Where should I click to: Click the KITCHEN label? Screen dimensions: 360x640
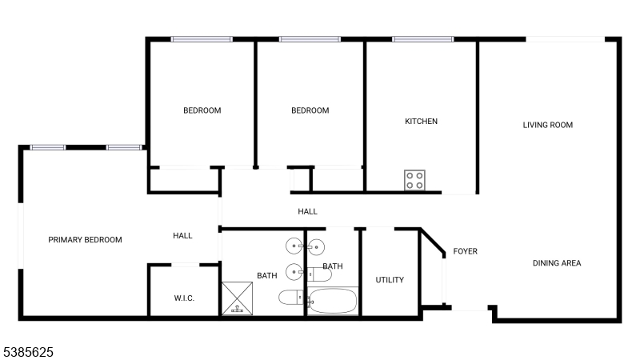[x=421, y=122]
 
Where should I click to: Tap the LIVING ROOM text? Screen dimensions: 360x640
[x=548, y=125]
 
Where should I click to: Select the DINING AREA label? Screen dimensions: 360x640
[x=557, y=263]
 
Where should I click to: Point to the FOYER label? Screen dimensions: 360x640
[x=466, y=251]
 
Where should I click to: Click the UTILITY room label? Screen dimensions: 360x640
[x=390, y=280]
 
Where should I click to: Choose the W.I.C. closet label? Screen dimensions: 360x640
[x=184, y=298]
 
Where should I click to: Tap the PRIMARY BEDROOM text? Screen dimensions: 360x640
[x=85, y=240]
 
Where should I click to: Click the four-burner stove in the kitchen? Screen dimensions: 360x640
[x=414, y=181]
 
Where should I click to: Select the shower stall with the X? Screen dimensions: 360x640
[x=237, y=298]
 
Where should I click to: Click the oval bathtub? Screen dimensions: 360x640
[x=333, y=302]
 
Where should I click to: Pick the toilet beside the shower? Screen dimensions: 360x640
[x=290, y=298]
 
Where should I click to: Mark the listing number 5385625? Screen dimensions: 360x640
[x=28, y=351]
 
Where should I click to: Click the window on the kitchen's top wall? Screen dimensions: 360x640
[x=422, y=38]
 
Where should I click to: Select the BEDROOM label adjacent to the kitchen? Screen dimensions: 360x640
[x=310, y=110]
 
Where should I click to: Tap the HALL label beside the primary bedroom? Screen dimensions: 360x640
[x=183, y=236]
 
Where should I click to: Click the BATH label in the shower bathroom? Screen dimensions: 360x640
[x=267, y=276]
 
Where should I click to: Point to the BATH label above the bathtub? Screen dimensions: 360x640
[x=333, y=266]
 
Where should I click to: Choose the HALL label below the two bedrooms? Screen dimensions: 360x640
[x=307, y=212]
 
